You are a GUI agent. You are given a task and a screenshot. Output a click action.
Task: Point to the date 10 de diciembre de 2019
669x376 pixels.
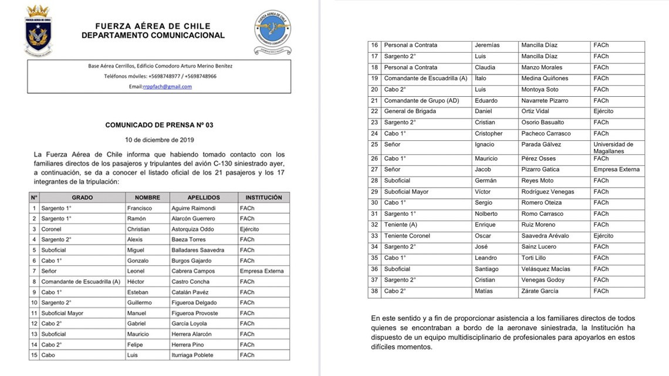[159, 140]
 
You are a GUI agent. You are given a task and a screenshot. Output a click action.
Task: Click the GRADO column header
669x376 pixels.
[82, 198]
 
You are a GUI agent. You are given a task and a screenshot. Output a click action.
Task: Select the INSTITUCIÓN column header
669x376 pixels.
[263, 198]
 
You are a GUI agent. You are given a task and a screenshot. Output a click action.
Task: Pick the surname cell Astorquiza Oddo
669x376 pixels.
[193, 229]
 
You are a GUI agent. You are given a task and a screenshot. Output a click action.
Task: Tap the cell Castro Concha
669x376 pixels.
[191, 282]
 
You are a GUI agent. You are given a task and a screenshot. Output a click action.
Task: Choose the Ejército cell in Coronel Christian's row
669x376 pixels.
[249, 229]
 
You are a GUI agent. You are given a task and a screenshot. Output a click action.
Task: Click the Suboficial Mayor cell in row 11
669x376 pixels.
[62, 313]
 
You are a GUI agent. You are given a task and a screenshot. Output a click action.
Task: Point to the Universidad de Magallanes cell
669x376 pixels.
[613, 147]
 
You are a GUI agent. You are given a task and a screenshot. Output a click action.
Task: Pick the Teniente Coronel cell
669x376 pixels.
[407, 236]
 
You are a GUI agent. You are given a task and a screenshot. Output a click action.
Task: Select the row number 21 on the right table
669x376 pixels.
[374, 100]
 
